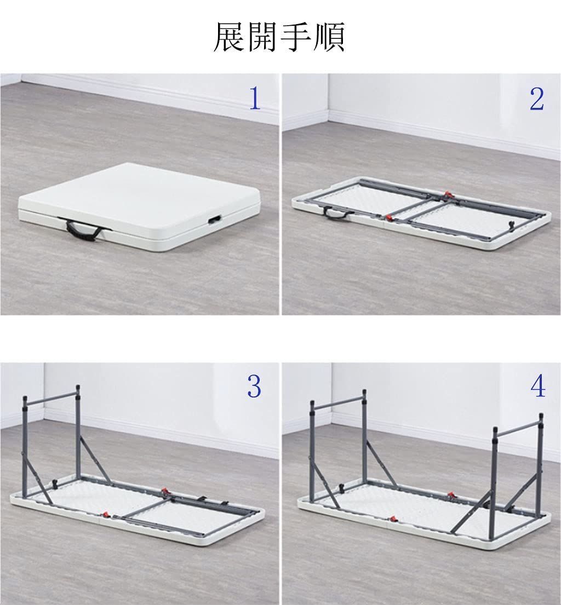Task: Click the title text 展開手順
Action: pos(279,37)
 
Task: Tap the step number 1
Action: pos(255,99)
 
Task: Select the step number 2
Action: pos(537,99)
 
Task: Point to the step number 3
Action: pos(254,387)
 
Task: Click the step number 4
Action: pos(538,387)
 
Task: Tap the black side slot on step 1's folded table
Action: pos(212,220)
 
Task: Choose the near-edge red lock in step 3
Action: pos(106,515)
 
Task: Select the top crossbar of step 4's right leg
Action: pos(518,428)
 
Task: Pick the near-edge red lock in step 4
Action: pos(393,518)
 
